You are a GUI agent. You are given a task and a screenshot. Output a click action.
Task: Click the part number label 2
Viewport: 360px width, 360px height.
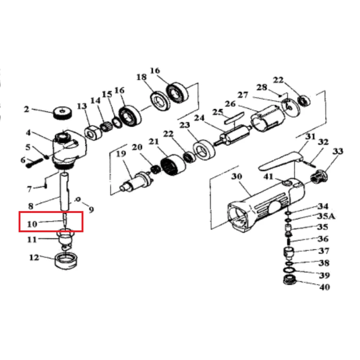27,109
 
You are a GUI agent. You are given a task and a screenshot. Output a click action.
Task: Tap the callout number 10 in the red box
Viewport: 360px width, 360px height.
32,224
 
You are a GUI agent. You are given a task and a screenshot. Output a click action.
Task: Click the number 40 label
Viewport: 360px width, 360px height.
324,287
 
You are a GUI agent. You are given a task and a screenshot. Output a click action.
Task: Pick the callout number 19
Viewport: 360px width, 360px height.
121,154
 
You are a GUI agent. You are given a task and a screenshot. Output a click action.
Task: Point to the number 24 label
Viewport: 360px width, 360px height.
199,118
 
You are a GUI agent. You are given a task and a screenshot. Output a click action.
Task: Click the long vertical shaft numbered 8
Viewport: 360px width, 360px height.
65,191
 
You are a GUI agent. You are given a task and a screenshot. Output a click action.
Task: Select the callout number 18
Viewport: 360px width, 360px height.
141,77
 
